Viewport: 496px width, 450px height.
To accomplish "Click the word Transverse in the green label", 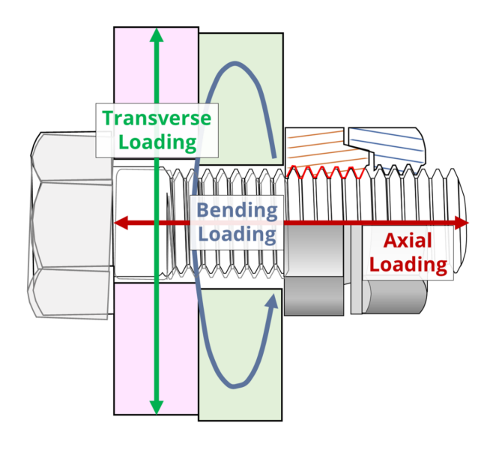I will click(157, 118).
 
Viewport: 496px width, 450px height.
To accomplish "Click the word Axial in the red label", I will click(408, 241).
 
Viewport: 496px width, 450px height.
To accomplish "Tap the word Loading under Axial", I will click(408, 264).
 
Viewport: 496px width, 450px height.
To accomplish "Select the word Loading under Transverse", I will click(157, 142).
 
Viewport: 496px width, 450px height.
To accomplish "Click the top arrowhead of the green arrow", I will click(156, 35).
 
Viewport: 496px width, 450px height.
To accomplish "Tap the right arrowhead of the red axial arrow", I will click(462, 223).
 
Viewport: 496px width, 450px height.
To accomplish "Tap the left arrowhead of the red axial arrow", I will click(121, 223).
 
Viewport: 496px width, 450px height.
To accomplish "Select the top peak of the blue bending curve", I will click(235, 64).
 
